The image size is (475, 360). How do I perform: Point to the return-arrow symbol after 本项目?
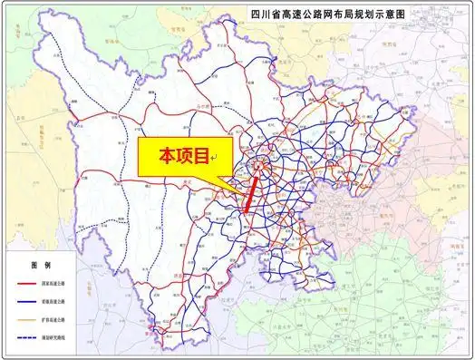click(x=213, y=160)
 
